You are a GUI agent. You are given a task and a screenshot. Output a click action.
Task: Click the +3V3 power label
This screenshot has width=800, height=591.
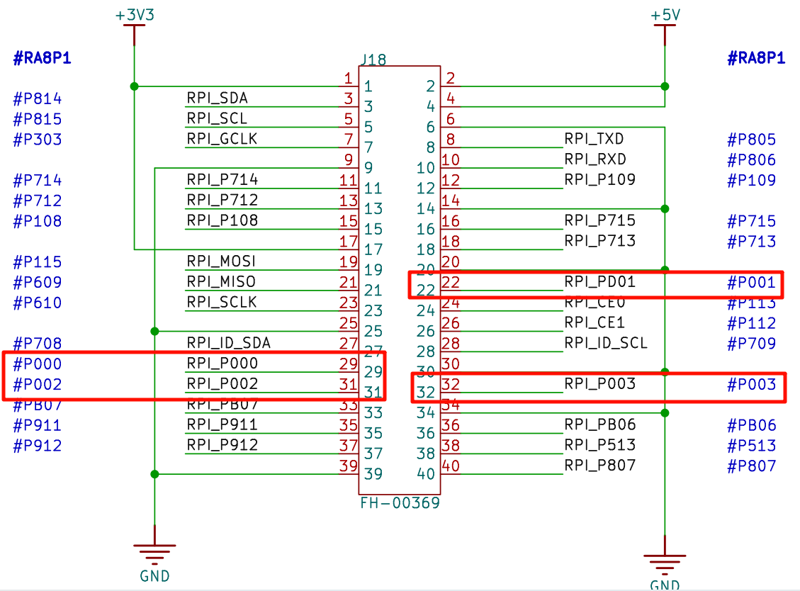pos(134,14)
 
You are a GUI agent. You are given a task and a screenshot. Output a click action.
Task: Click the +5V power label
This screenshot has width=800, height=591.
pos(665,14)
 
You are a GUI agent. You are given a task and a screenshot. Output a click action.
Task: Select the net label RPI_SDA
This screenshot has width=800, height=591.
pos(218,98)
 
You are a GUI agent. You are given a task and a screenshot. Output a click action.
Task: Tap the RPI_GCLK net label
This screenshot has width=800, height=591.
pos(222,139)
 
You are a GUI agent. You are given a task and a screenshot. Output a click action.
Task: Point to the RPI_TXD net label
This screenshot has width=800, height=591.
pos(594,139)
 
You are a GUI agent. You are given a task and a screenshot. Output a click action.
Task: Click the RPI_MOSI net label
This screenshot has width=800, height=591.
pos(221,261)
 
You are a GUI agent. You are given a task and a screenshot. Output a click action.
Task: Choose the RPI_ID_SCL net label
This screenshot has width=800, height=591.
pos(606,343)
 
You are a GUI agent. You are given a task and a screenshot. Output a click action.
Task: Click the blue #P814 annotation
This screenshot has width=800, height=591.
pos(38,98)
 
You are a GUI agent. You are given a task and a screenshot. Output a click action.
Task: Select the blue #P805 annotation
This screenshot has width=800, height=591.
pos(752,140)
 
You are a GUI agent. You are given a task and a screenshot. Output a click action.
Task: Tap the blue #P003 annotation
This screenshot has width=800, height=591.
pos(752,385)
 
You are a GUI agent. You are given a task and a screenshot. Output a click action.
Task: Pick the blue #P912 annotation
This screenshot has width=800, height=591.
pos(38,446)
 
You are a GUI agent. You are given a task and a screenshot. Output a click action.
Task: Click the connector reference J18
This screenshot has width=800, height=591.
pos(373,60)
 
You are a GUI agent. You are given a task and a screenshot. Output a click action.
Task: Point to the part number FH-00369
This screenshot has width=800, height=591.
pos(400,503)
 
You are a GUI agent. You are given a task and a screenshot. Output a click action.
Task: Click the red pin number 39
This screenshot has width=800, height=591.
pos(348,466)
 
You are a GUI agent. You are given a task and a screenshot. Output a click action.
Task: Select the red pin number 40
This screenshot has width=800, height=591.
pos(451,466)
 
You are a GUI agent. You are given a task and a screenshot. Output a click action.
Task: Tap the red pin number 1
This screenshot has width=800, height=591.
pos(348,78)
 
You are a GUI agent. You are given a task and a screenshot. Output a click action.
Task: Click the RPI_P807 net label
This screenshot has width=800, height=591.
pos(600,466)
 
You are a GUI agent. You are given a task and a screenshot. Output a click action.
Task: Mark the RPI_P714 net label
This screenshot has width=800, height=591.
pos(222,179)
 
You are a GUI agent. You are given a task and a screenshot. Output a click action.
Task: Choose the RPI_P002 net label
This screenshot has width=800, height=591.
pos(222,384)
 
